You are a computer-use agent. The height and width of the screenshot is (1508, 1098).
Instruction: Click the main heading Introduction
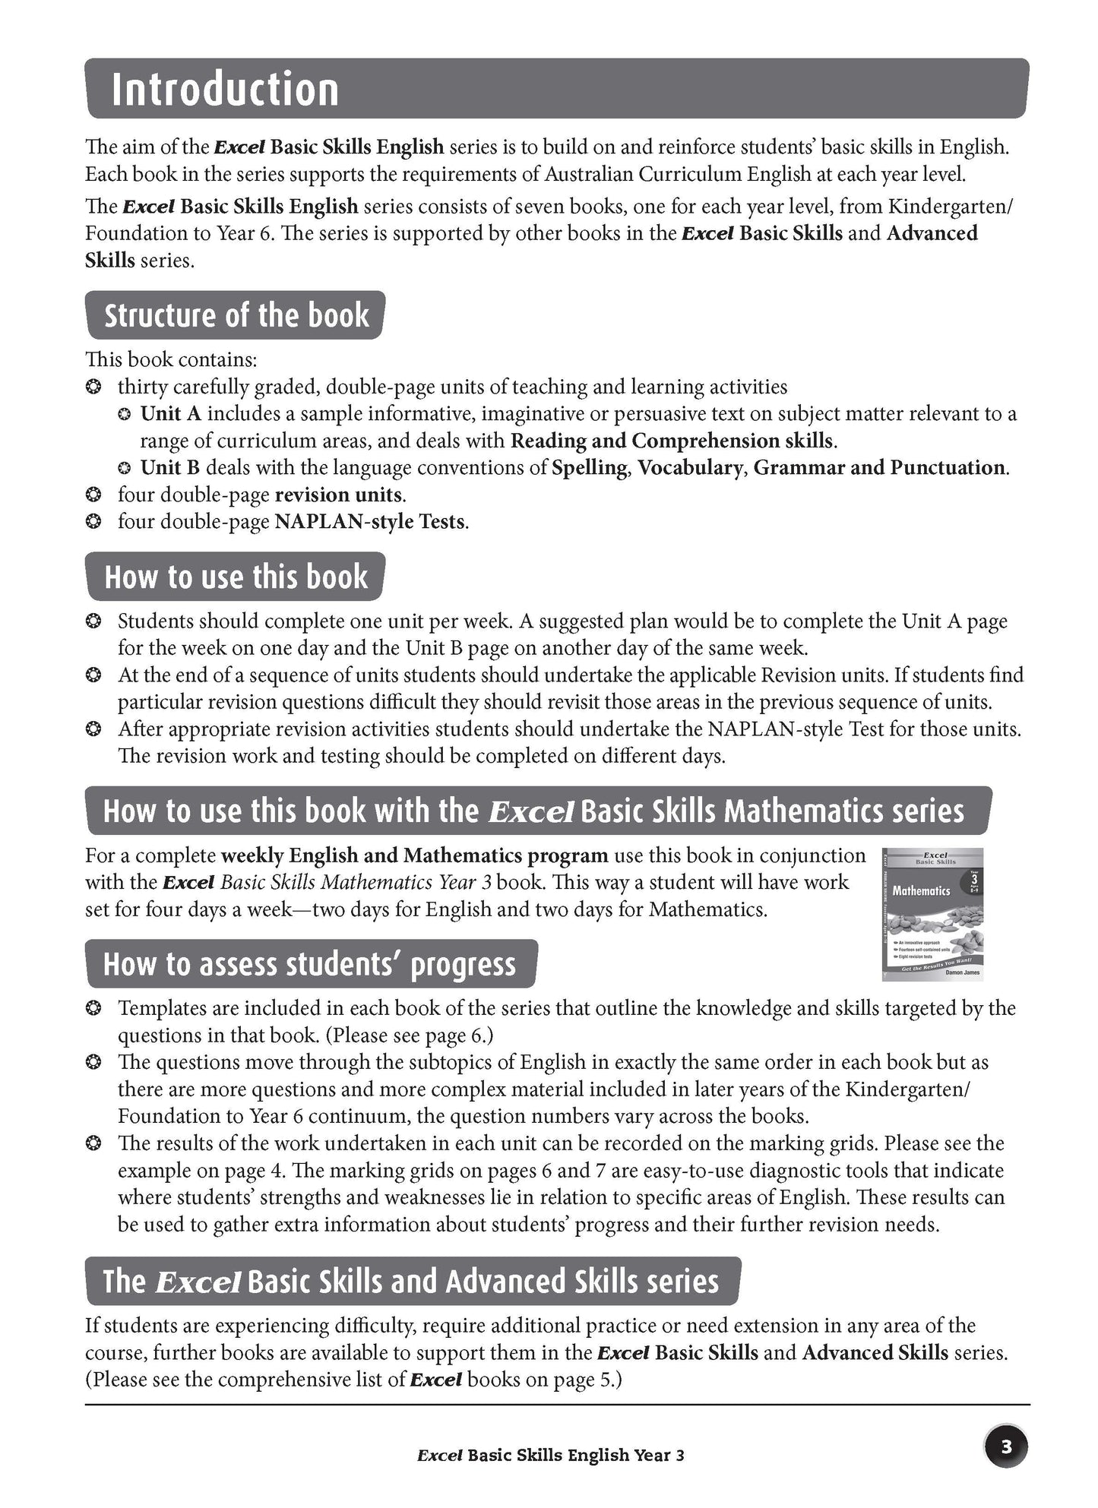tap(225, 90)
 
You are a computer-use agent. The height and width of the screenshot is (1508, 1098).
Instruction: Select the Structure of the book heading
tap(236, 315)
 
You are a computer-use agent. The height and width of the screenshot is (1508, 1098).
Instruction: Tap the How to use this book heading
tap(236, 577)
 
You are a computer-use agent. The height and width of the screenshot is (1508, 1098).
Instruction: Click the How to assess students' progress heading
tap(309, 964)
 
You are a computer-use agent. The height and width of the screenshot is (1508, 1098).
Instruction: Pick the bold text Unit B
tap(169, 468)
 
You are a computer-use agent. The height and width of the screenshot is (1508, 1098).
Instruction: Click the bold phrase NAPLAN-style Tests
tap(369, 522)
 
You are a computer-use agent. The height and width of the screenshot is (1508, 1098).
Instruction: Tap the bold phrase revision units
tap(338, 495)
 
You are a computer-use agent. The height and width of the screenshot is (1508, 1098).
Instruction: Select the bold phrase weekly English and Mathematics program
tap(414, 855)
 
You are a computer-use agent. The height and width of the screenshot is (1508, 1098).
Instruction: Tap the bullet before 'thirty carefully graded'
tap(93, 387)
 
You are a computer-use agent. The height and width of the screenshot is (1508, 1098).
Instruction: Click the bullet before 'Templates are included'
tap(93, 1009)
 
